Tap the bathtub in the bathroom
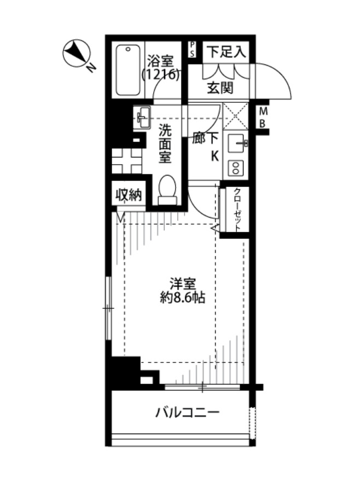coord(129,71)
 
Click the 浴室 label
coord(161,60)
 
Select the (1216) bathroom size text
coord(161,75)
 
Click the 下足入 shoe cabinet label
coord(225,52)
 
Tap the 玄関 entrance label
coord(220,87)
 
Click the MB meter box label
coord(263,118)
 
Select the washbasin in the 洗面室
coord(143,116)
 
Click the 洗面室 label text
coord(165,144)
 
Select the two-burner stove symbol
coord(237,167)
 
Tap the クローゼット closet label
coord(237,211)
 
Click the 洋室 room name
coord(182,284)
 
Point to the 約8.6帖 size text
coord(183,299)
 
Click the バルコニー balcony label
coord(188,412)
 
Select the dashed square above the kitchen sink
coord(237,116)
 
